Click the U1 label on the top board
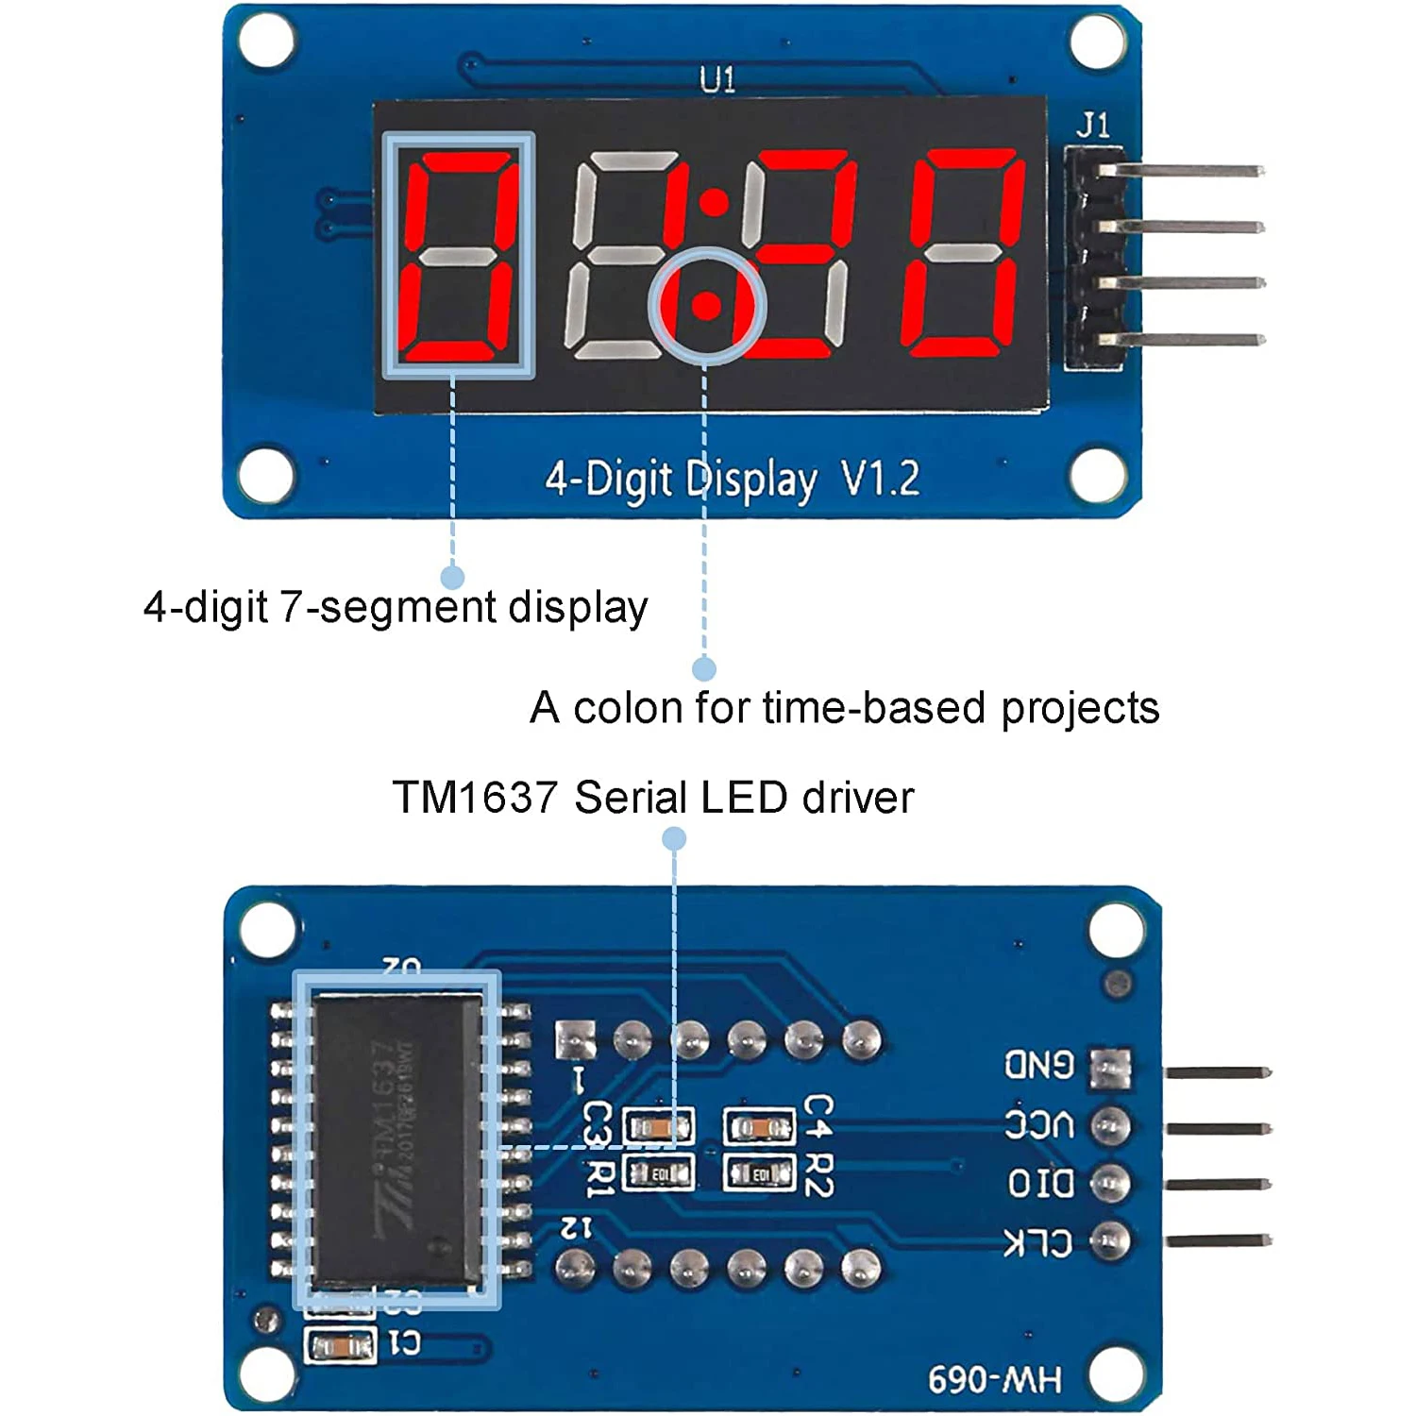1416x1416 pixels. tap(717, 79)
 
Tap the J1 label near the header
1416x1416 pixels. tap(1093, 125)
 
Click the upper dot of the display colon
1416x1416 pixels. tap(715, 202)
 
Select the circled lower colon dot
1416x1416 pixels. tap(705, 306)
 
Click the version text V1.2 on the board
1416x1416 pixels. tap(880, 480)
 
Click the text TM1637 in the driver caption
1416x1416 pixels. tap(475, 798)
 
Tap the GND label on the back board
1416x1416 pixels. tap(1039, 1066)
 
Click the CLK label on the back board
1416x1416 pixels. tap(1038, 1242)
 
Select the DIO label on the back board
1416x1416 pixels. tap(1040, 1184)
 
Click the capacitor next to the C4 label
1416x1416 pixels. tap(759, 1126)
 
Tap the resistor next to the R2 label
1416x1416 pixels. tap(759, 1174)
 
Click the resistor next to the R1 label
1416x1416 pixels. tap(660, 1174)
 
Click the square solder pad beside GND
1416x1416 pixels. tap(1110, 1068)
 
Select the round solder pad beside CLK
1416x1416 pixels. tap(1110, 1241)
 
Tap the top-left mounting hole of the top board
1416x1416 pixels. tap(266, 42)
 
